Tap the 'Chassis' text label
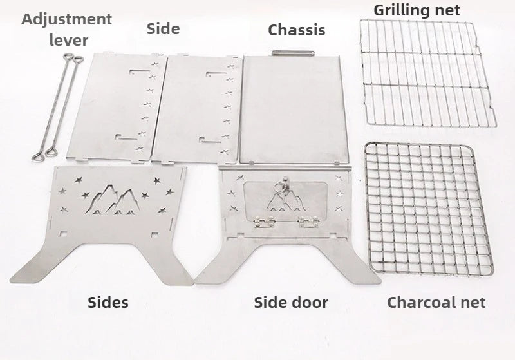click(x=296, y=30)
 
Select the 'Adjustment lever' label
click(x=67, y=29)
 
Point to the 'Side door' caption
click(x=291, y=302)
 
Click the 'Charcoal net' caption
click(x=436, y=302)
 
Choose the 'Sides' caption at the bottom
click(x=108, y=302)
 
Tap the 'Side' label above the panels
click(x=163, y=28)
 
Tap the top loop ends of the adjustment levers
click(x=71, y=60)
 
